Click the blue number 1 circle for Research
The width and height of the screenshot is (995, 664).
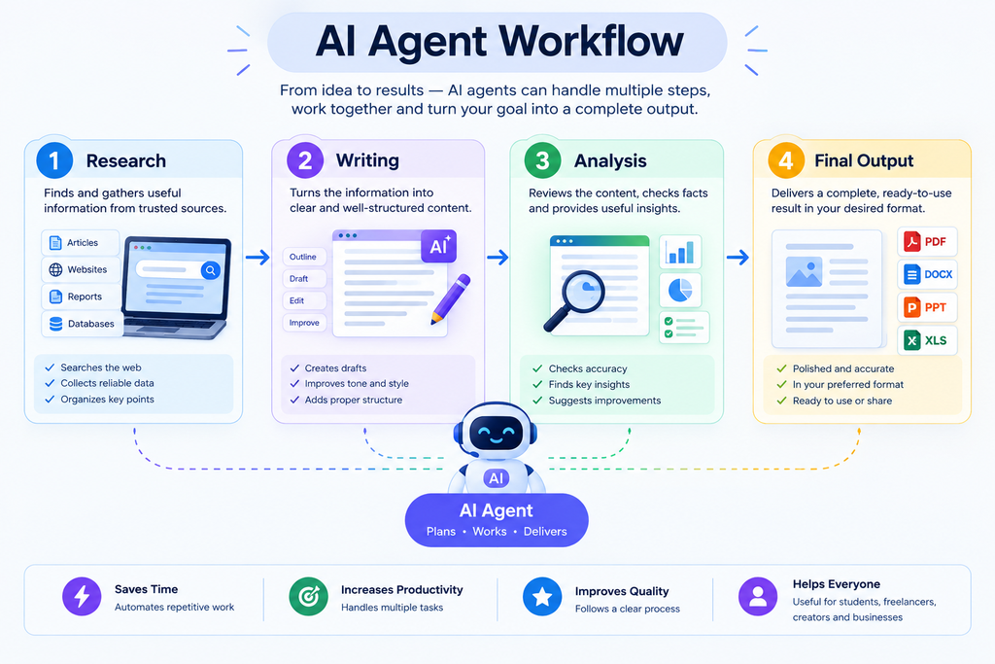click(54, 160)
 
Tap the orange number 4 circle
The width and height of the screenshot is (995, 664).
click(786, 160)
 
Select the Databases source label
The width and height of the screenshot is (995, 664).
click(81, 324)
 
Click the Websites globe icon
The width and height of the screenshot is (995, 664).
click(55, 270)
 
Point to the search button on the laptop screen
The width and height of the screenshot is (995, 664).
click(211, 270)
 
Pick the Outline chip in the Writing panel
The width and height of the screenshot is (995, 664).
click(304, 257)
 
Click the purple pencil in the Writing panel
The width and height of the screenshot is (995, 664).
click(451, 298)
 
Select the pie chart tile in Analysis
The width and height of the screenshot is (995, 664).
click(680, 290)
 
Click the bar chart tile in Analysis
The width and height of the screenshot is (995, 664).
click(680, 252)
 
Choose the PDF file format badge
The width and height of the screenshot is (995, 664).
click(927, 242)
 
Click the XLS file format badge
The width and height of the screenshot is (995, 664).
click(927, 340)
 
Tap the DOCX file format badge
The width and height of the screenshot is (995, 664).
click(927, 274)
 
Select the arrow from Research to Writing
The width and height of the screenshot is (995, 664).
click(257, 257)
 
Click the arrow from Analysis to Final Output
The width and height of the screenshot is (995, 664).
click(738, 257)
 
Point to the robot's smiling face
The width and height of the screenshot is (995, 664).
click(497, 435)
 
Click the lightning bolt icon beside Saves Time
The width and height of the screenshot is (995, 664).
click(82, 596)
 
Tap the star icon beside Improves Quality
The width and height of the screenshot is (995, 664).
click(542, 597)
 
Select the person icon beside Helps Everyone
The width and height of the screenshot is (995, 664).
click(758, 596)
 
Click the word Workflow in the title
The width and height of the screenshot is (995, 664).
click(592, 42)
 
